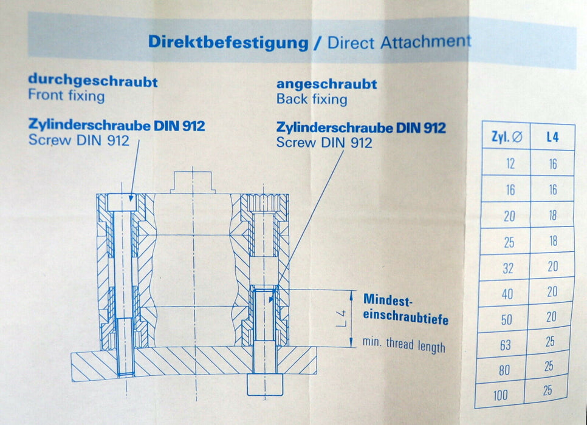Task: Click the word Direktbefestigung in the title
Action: [228, 42]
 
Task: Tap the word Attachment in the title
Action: [425, 41]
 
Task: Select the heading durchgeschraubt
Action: [93, 81]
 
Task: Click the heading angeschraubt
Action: [326, 84]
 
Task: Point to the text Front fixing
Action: [66, 95]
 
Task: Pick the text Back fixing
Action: [312, 99]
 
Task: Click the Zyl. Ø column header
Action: [507, 137]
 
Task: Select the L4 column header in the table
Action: [552, 137]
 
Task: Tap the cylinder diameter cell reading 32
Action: [508, 268]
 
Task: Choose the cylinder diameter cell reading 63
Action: [506, 345]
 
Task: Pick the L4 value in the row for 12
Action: [553, 164]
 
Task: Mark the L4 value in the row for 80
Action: [549, 366]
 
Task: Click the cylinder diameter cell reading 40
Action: [507, 294]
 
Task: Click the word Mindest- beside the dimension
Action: [388, 300]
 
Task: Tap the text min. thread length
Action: [404, 344]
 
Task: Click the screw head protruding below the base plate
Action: [265, 384]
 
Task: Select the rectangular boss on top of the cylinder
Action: [193, 182]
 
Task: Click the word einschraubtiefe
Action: [406, 317]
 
